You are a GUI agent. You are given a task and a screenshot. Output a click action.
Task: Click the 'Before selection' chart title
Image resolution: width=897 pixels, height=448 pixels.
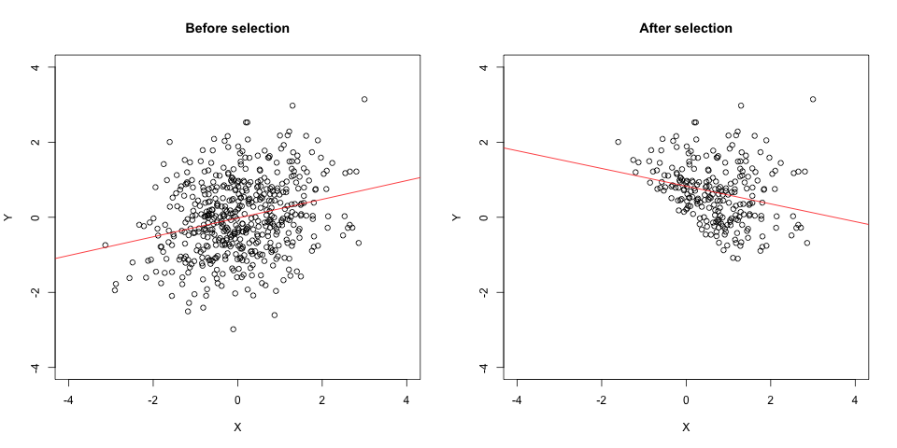237,28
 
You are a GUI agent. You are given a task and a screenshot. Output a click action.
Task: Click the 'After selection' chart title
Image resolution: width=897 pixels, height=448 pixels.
686,28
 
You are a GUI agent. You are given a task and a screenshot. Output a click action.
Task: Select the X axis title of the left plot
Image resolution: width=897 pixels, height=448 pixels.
237,427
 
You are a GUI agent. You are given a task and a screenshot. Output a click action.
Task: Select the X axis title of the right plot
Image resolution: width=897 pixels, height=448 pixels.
686,427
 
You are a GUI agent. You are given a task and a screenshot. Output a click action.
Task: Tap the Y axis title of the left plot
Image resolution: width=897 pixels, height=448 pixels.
9,217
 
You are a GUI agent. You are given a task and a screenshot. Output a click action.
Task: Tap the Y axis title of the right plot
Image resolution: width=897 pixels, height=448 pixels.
458,217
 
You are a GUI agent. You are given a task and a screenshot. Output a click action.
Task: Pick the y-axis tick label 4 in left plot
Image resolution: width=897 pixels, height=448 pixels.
36,67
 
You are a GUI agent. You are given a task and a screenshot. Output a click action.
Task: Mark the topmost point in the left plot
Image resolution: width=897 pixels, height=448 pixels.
364,99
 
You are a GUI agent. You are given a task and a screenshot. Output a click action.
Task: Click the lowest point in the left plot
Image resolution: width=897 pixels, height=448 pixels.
234,329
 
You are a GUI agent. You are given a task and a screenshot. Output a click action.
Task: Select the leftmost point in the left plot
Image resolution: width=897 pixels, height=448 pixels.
106,245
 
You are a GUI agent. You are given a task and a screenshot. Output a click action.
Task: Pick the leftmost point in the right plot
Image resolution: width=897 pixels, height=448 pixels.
618,142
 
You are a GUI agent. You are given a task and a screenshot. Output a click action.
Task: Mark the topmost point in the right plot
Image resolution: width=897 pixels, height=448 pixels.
813,99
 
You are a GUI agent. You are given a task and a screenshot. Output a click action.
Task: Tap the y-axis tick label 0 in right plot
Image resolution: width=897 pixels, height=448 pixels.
485,217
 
